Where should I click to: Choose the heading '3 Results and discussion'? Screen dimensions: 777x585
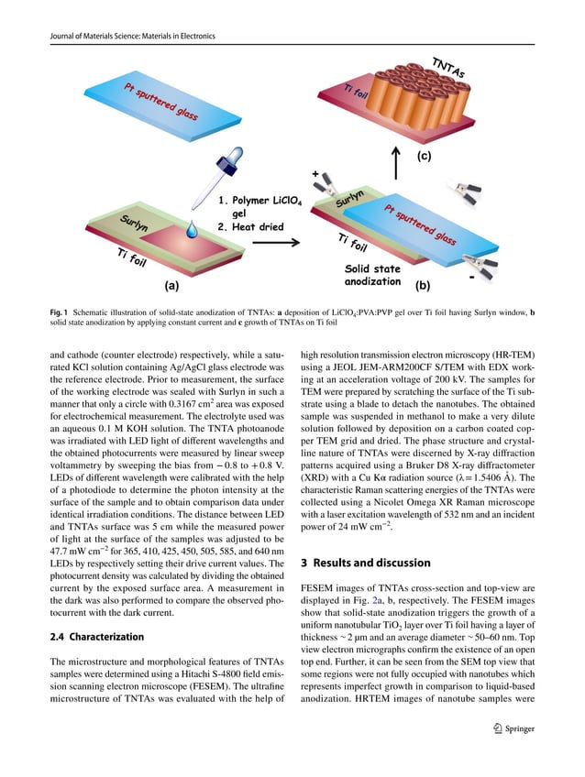point(372,561)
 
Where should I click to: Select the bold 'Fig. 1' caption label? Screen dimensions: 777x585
point(60,312)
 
